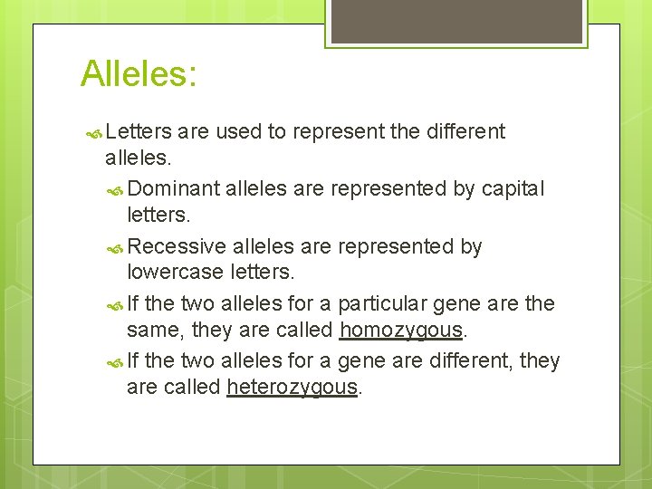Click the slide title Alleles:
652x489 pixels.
pyautogui.click(x=139, y=73)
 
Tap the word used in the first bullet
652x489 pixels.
pyautogui.click(x=238, y=132)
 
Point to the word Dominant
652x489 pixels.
pyautogui.click(x=174, y=189)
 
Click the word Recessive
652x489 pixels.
pyautogui.click(x=177, y=247)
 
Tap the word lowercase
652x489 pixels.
pyautogui.click(x=168, y=272)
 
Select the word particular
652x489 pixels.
pyautogui.click(x=379, y=304)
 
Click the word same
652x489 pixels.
pyautogui.click(x=149, y=330)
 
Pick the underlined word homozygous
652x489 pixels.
pyautogui.click(x=401, y=330)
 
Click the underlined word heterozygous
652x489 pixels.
pyautogui.click(x=292, y=388)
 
